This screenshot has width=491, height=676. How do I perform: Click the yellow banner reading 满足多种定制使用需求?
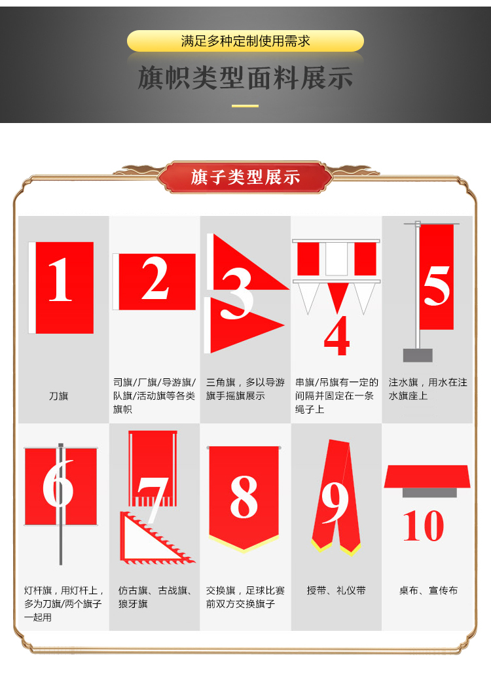[x=245, y=41]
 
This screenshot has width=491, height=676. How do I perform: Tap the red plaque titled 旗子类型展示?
[x=245, y=177]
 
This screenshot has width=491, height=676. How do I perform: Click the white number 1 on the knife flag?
[x=60, y=279]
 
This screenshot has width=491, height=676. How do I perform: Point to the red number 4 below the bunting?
[x=336, y=336]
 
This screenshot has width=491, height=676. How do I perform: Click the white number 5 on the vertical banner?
[x=437, y=285]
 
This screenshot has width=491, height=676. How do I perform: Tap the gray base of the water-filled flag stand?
[x=418, y=355]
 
